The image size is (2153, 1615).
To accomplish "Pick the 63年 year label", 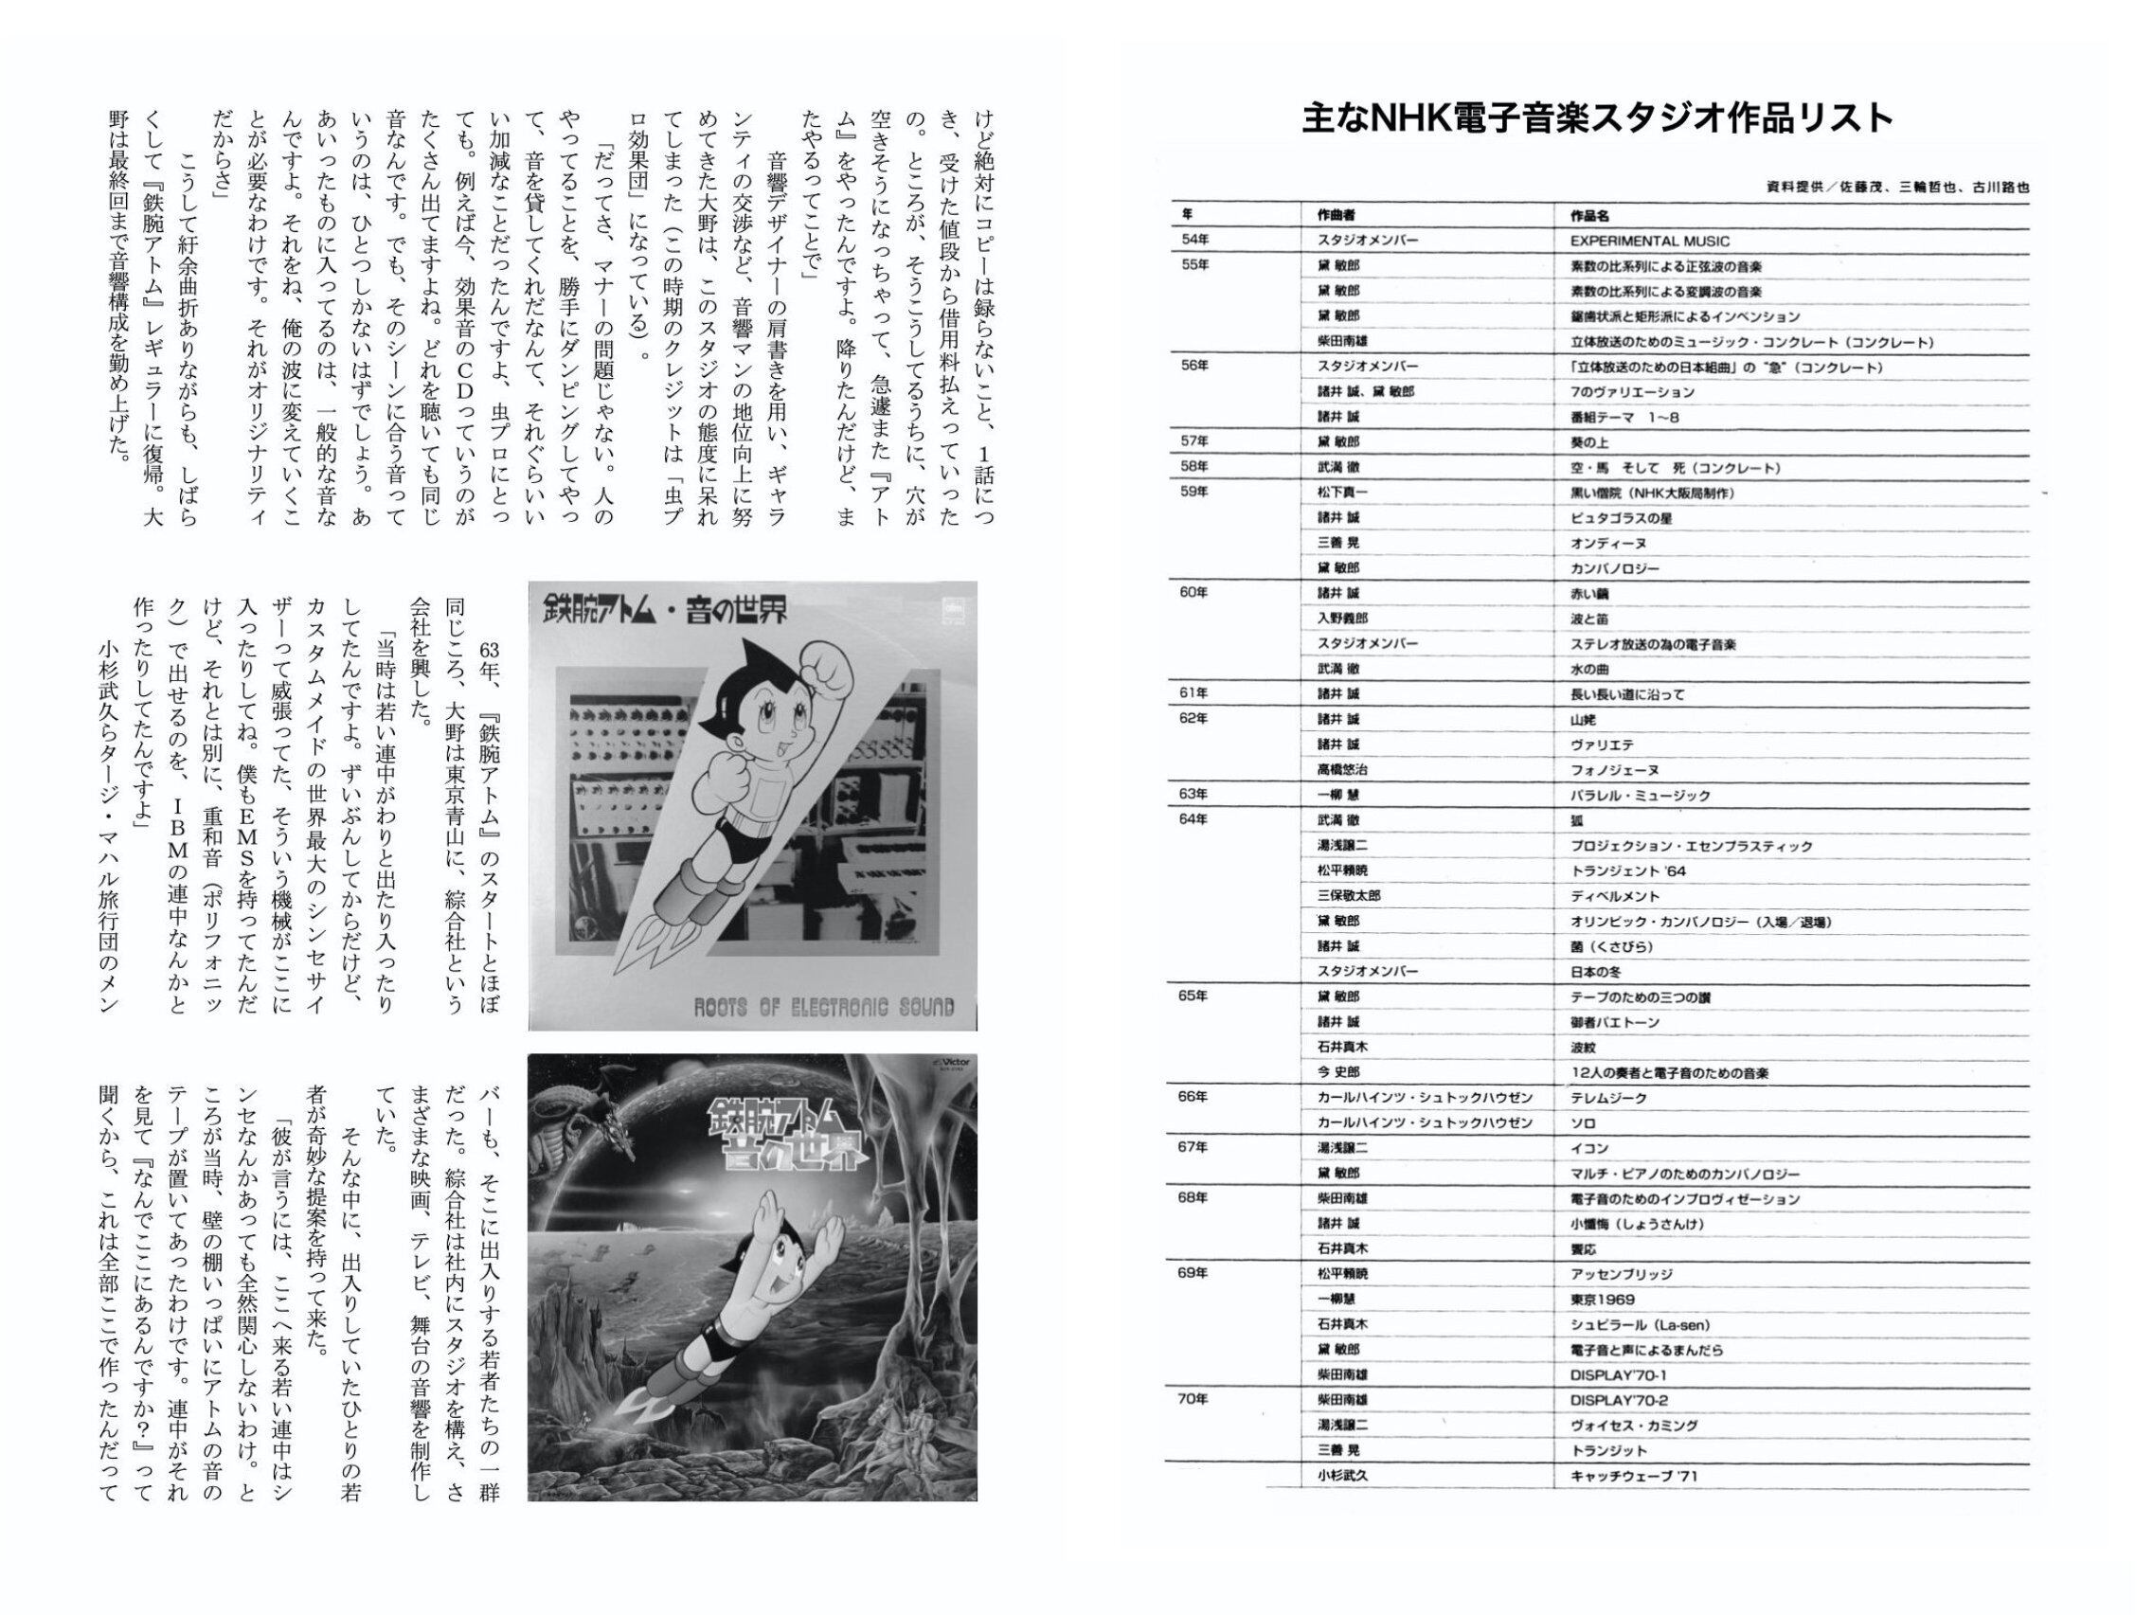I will tap(1194, 794).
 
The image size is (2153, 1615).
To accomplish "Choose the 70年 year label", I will tap(1194, 1399).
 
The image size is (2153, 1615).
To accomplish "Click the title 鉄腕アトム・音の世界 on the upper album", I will tap(665, 611).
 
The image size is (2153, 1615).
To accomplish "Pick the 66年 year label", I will tap(1194, 1096).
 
